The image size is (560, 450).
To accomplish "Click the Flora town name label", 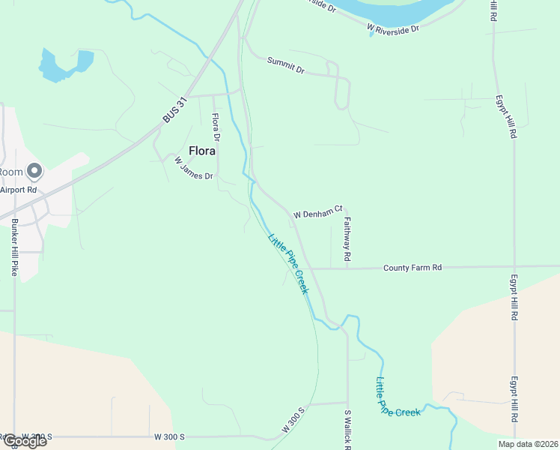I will (x=202, y=151).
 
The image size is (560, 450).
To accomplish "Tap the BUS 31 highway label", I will (x=173, y=110).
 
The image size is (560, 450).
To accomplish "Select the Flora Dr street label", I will (x=216, y=127).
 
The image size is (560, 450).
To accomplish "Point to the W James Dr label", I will (x=194, y=167).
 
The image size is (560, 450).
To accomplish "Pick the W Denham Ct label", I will (x=317, y=213).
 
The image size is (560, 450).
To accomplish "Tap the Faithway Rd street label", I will (x=348, y=239).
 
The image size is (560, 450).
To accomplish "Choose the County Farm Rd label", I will (x=413, y=268).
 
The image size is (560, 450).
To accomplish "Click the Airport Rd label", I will (x=18, y=190).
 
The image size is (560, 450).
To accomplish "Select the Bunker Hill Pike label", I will (x=14, y=248).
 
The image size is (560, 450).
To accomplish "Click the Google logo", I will (x=24, y=441).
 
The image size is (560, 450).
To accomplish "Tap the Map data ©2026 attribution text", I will (x=527, y=444).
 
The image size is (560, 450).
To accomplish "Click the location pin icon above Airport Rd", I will (x=34, y=172).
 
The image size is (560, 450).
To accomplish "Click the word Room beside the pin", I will (x=10, y=172).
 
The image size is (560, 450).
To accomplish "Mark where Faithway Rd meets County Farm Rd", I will (x=348, y=268).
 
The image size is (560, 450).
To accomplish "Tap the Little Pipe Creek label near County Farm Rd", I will (x=288, y=263).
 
